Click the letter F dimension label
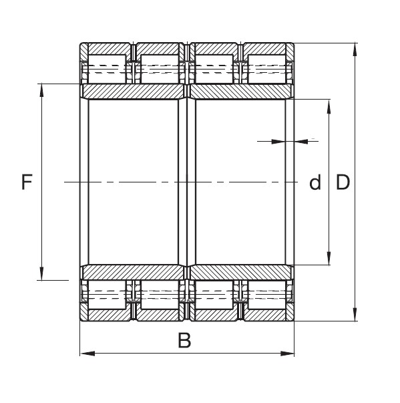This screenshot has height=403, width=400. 27,182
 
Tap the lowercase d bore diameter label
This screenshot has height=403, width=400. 315,182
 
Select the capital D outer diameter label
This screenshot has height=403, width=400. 343,182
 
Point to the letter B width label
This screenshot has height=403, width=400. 184,341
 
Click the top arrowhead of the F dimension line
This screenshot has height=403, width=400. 41,89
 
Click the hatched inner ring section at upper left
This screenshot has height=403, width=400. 133,92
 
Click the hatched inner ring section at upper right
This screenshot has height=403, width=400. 241,92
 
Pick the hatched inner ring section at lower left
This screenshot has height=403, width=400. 133,272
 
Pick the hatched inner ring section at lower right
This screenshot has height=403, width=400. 241,272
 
